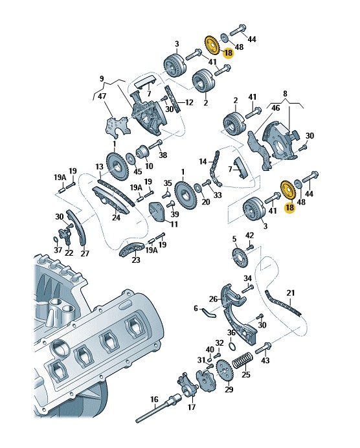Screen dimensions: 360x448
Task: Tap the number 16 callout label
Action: click(x=154, y=399)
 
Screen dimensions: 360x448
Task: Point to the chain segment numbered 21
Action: click(x=282, y=303)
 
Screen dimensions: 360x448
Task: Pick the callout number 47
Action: click(x=102, y=96)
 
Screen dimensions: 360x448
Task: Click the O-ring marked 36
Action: click(x=233, y=346)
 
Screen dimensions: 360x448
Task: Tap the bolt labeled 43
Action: click(x=262, y=348)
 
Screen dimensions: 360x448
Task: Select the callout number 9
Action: click(x=102, y=78)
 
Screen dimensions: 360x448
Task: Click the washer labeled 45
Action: click(x=131, y=158)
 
